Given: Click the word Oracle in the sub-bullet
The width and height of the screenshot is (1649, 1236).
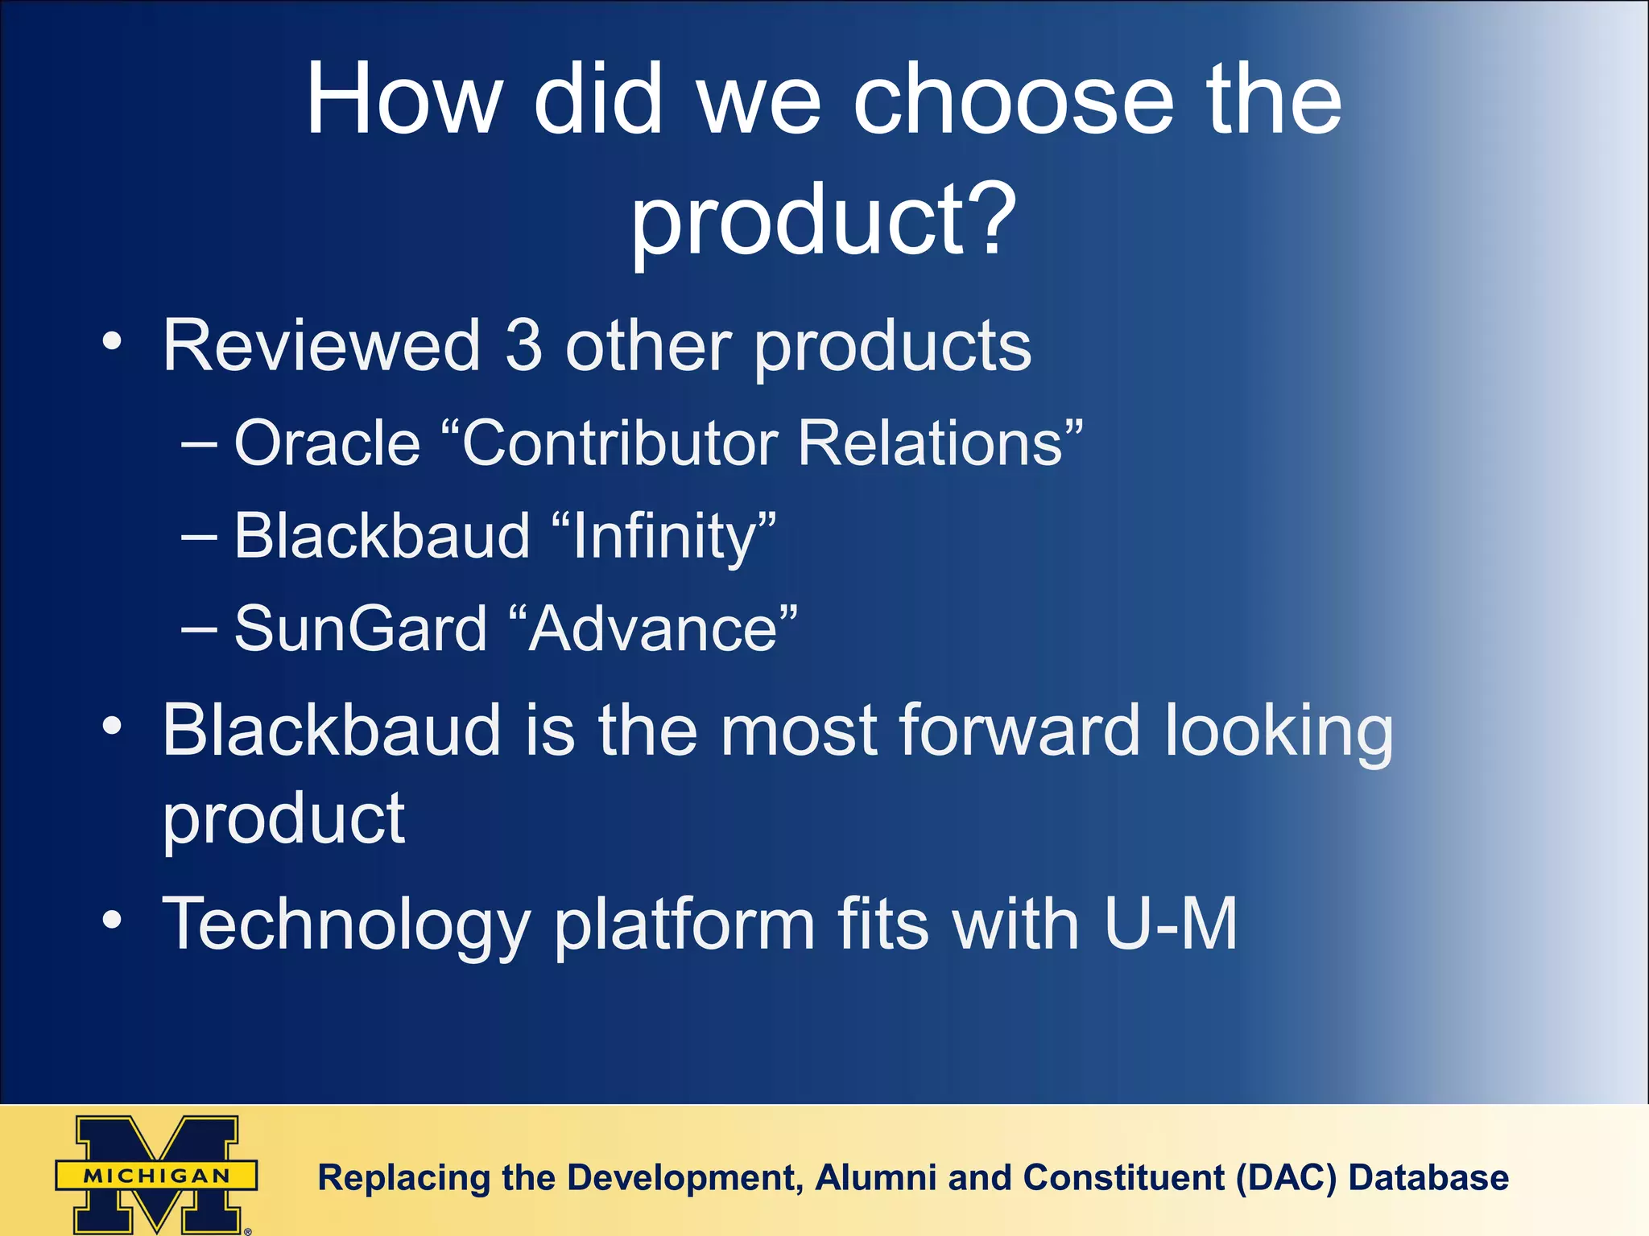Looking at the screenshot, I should click(x=327, y=443).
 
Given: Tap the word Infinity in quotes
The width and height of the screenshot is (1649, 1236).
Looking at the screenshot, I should click(x=663, y=537).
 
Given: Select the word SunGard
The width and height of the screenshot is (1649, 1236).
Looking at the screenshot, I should click(x=361, y=628).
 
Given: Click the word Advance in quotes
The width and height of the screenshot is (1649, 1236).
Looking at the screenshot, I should click(x=653, y=628).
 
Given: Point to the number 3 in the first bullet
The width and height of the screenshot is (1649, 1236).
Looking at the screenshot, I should click(x=523, y=345).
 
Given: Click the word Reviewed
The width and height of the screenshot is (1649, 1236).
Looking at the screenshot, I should click(x=321, y=345).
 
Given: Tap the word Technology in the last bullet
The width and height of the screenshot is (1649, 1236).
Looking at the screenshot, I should click(x=346, y=925).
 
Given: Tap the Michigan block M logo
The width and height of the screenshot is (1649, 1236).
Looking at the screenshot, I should click(x=156, y=1174).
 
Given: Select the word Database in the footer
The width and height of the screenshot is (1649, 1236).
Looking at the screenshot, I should click(x=1428, y=1178).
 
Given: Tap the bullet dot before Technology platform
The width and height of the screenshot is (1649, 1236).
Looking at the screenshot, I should click(x=113, y=920).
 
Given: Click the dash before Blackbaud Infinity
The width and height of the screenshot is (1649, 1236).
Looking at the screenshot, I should click(x=199, y=536).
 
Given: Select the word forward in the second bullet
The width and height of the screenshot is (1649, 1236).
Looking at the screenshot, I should click(x=1020, y=730).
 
